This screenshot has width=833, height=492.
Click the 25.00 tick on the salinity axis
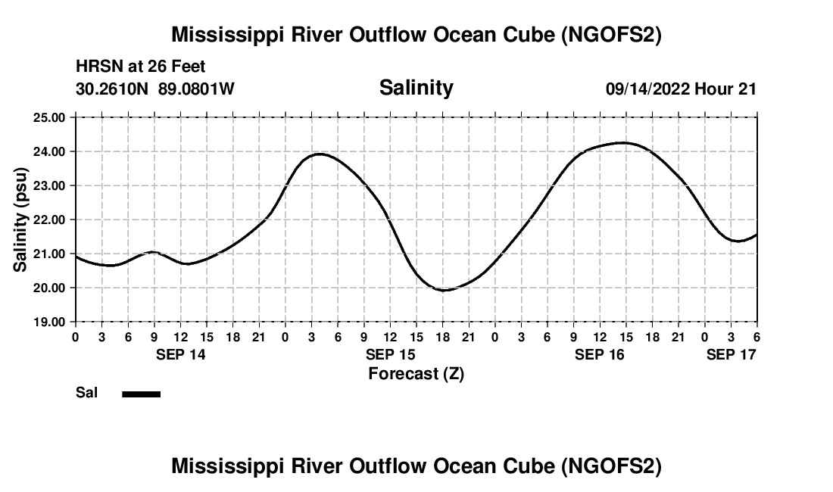click(50, 117)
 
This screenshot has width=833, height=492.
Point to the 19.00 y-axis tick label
click(50, 322)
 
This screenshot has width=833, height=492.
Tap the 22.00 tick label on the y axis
click(50, 220)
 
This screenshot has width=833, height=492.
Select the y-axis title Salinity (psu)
click(20, 220)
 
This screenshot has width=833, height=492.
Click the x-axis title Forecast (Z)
click(416, 373)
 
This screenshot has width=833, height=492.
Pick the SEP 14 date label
click(181, 354)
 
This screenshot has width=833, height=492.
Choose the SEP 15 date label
click(390, 354)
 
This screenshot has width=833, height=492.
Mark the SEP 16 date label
click(599, 354)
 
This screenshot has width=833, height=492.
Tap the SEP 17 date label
click(731, 354)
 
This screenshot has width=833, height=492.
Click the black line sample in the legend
click(141, 394)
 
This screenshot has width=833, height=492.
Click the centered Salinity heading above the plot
click(416, 88)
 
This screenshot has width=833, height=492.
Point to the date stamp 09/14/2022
click(647, 89)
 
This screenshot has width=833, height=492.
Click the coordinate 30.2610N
click(114, 89)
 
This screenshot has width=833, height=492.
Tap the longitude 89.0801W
click(197, 89)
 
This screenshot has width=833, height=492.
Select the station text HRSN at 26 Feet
click(141, 67)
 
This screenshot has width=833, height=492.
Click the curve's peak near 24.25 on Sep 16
click(622, 142)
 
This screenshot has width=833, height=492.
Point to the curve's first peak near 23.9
click(320, 154)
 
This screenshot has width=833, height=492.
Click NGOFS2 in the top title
click(615, 35)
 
